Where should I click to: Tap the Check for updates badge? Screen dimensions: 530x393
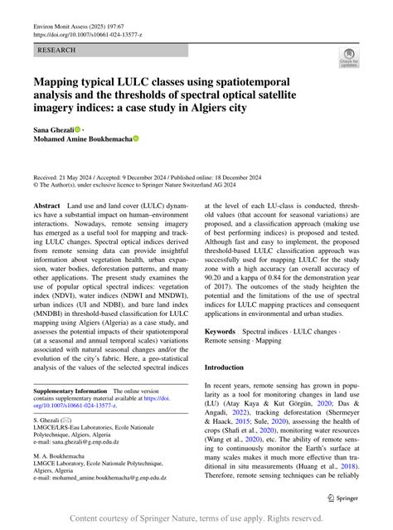pyautogui.click(x=349, y=58)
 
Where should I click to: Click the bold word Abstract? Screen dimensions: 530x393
pyautogui.click(x=47, y=205)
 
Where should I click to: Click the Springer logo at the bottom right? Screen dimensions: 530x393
pyautogui.click(x=343, y=498)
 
